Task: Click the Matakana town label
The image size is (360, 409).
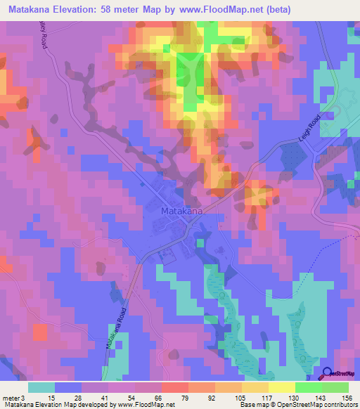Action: [x=182, y=210]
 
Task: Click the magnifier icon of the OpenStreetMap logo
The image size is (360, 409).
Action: [x=327, y=373]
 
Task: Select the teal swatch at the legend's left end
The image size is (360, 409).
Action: [x=41, y=387]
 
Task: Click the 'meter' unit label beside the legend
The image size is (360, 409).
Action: [x=10, y=396]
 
